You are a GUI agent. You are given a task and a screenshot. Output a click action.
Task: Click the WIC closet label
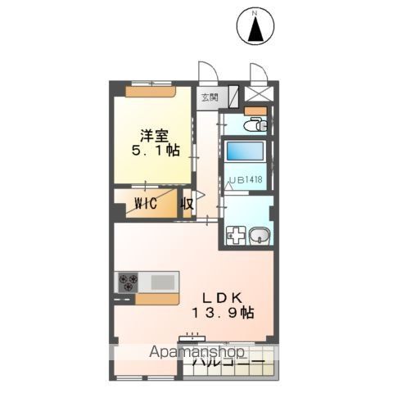tap(146, 202)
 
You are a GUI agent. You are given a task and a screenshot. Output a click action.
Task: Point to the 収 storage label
tap(187, 202)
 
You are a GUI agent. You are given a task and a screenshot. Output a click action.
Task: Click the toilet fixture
tap(255, 125)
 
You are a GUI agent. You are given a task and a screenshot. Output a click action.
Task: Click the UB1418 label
tap(246, 178)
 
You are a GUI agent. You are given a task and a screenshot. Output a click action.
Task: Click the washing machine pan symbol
tap(236, 236)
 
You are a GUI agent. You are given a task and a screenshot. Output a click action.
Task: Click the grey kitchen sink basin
tap(163, 282)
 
